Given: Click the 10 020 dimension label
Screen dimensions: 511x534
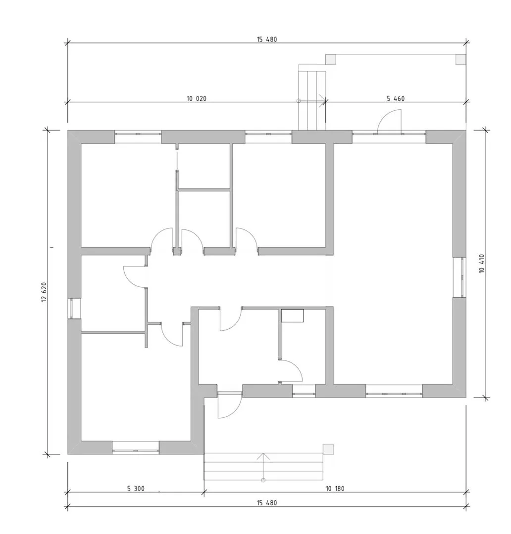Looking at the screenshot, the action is pyautogui.click(x=197, y=99).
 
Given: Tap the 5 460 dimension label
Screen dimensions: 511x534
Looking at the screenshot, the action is pyautogui.click(x=396, y=99).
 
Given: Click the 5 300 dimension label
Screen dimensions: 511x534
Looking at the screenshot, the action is pyautogui.click(x=136, y=489).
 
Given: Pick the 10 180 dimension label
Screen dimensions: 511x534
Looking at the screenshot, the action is pyautogui.click(x=335, y=489).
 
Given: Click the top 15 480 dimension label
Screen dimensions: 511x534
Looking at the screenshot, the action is pyautogui.click(x=267, y=40).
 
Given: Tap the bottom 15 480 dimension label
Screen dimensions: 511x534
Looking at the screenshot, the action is pyautogui.click(x=267, y=503).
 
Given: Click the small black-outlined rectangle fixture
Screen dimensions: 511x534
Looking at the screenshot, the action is pyautogui.click(x=292, y=315).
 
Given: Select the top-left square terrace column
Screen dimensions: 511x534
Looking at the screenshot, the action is pyautogui.click(x=331, y=60).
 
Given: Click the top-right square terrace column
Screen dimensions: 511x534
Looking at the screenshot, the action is pyautogui.click(x=461, y=60).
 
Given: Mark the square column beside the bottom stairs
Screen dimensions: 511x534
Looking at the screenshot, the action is pyautogui.click(x=328, y=449).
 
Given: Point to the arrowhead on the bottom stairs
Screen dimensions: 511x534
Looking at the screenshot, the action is pyautogui.click(x=263, y=456).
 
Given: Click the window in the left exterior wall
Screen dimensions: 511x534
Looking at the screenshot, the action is pyautogui.click(x=74, y=309).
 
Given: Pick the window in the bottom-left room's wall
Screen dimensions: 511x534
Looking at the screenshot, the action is pyautogui.click(x=136, y=447).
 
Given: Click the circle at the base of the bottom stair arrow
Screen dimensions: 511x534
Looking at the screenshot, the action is pyautogui.click(x=263, y=480).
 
